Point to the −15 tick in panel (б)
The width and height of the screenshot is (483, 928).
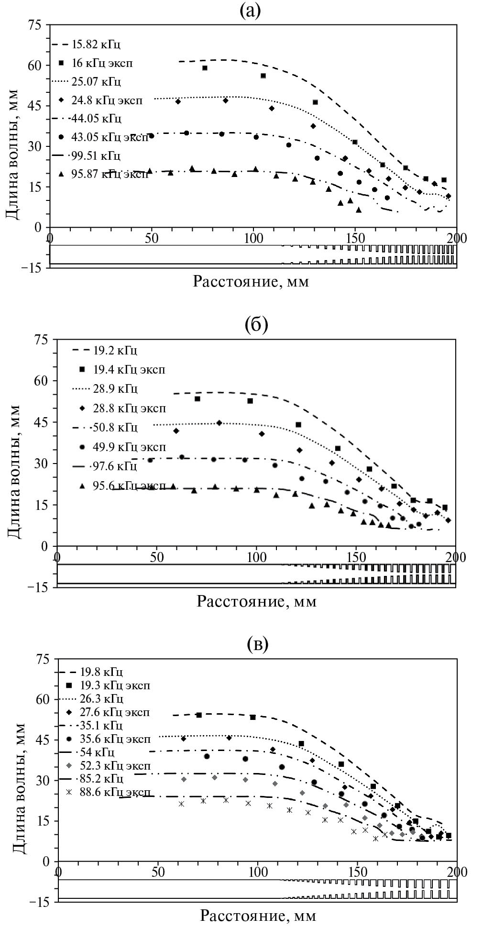point(40,587)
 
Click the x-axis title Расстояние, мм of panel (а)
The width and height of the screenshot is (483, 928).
point(251,281)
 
